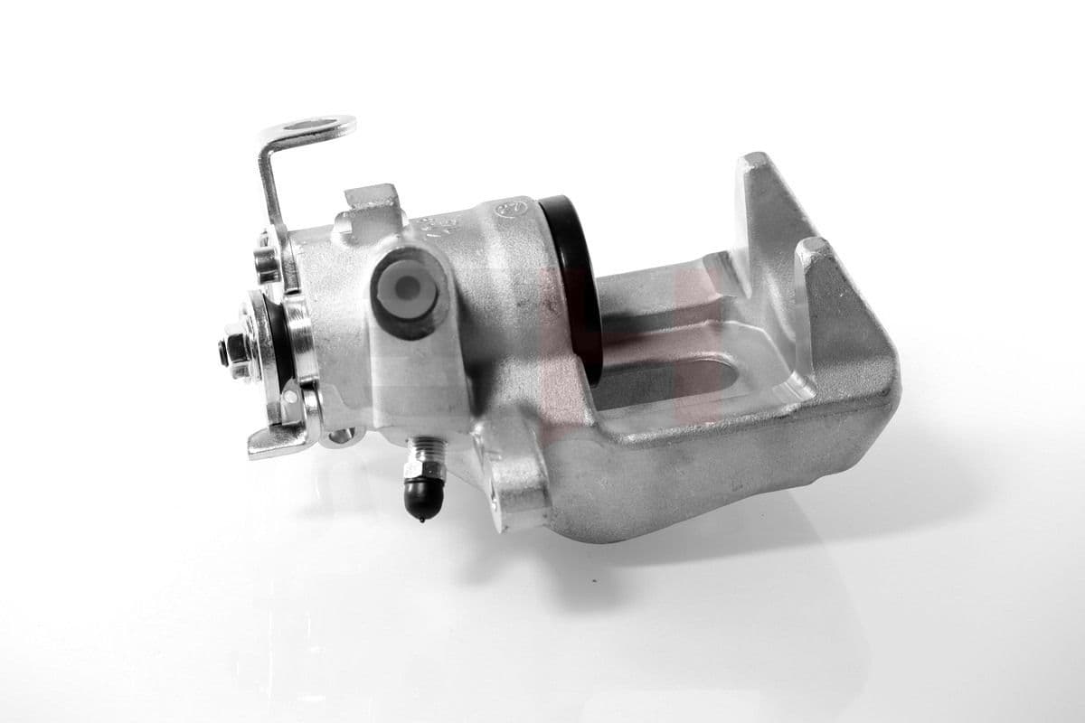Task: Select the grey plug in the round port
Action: [409, 289]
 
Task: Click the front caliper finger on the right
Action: [841, 298]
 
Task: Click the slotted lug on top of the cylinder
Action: [372, 203]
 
